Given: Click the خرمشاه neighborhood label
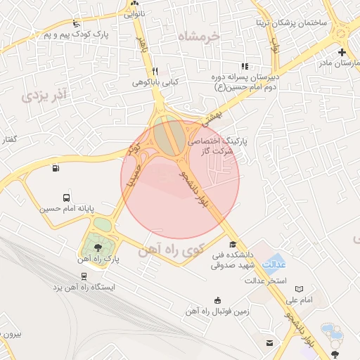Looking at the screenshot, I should click(199, 37).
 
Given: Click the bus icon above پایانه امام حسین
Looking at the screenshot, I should click(66, 198).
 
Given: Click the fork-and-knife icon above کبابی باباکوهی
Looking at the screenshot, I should click(155, 71).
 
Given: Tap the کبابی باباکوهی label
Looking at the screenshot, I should click(155, 82).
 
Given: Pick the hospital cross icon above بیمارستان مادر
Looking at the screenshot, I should click(342, 52).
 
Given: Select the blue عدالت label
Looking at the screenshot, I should click(274, 264).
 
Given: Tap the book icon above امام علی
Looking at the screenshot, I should click(301, 289).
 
